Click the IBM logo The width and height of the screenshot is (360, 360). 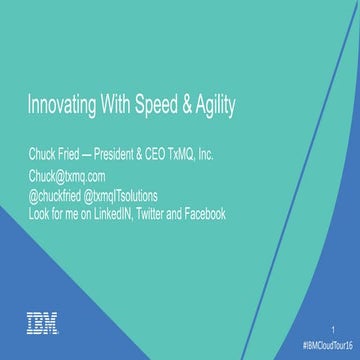[42, 322]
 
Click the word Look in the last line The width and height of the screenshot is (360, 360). [38, 214]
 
